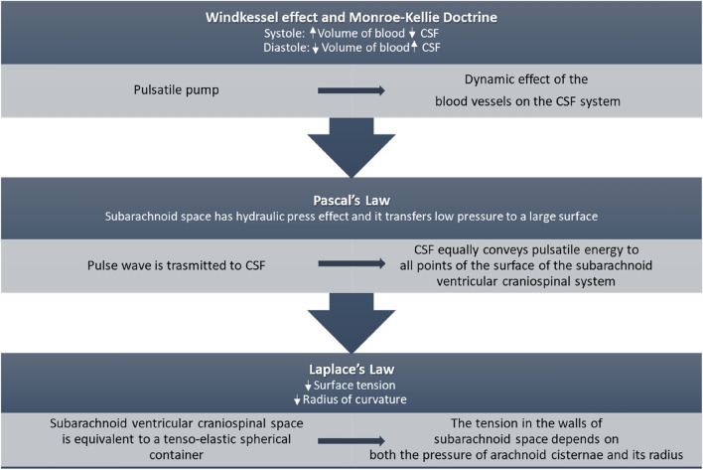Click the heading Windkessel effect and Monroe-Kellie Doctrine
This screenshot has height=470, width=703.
pos(351,16)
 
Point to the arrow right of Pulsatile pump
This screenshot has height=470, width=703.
pos(351,91)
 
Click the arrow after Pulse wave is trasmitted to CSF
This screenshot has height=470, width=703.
pos(351,265)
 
